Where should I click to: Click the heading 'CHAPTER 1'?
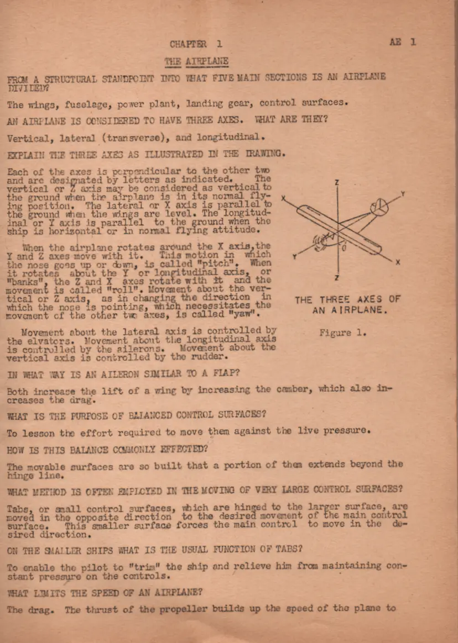point(196,44)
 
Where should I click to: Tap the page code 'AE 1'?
point(403,42)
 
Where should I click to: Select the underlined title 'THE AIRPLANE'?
point(196,61)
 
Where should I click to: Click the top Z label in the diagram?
point(337,182)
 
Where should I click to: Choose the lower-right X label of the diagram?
point(398,262)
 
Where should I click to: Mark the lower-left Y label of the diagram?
point(294,257)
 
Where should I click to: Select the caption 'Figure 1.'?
point(342,333)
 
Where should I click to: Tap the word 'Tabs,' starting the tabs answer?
point(19,508)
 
